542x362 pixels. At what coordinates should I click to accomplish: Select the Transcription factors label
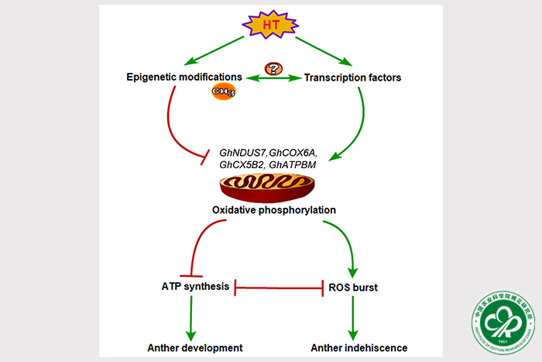tap(353, 77)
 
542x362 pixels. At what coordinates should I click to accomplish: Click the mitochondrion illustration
tap(268, 189)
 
